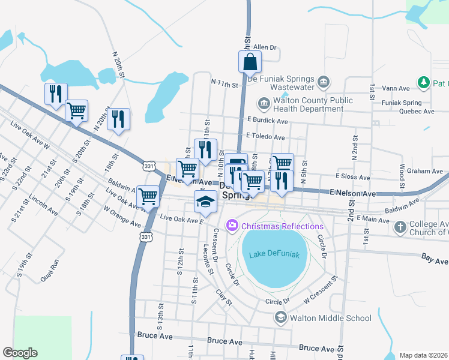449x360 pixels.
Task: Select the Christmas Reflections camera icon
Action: (x=232, y=226)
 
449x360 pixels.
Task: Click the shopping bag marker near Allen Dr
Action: (x=250, y=61)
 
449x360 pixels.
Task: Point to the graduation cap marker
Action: (x=205, y=201)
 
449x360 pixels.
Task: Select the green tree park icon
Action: (x=423, y=82)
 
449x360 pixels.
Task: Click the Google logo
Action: (x=20, y=353)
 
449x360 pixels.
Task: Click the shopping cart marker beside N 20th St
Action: (x=76, y=110)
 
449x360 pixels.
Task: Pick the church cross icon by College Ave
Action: (x=400, y=227)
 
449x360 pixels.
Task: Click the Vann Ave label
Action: (x=396, y=88)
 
